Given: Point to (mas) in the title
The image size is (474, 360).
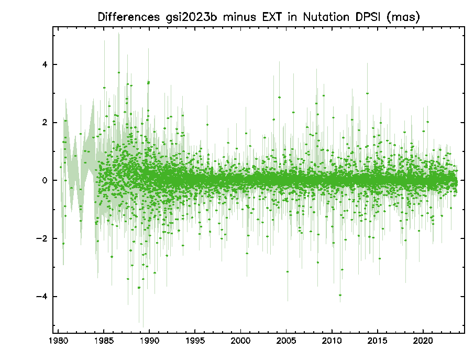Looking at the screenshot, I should coord(404,17).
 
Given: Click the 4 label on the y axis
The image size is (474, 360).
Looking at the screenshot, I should coord(45,65).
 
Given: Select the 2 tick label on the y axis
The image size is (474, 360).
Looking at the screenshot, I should coord(45,123).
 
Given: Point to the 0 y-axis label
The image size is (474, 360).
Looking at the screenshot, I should coord(45,181).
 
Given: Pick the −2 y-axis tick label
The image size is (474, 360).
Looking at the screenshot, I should coord(42,238).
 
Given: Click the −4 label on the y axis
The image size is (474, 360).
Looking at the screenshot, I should coord(42,297).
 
